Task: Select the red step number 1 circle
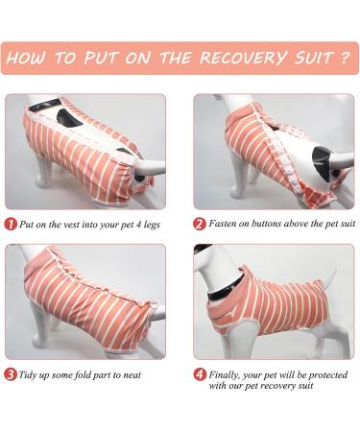click(x=10, y=224)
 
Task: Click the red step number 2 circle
click(x=200, y=224)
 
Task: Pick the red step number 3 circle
click(x=10, y=374)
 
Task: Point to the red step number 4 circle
click(x=200, y=374)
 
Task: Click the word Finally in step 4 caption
click(x=229, y=374)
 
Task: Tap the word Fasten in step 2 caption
click(x=228, y=224)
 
